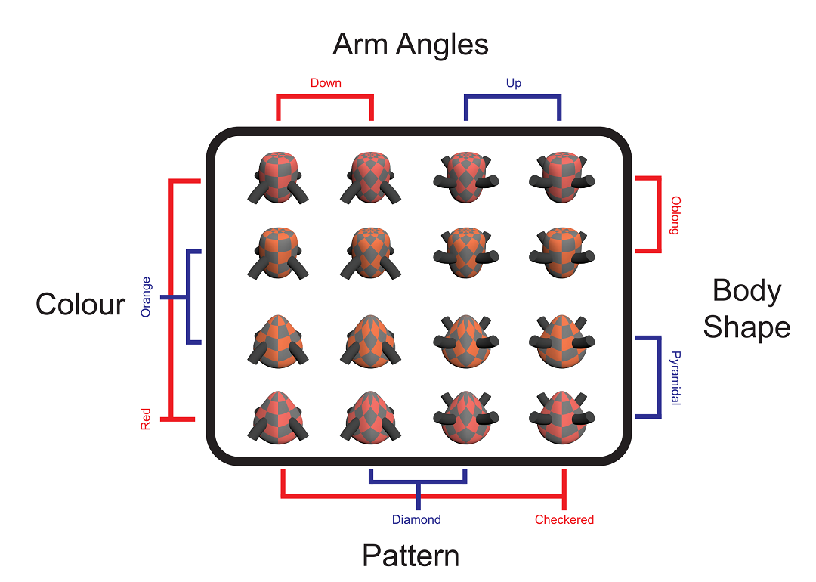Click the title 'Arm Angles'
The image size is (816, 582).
[x=410, y=45]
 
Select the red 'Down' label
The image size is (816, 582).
[x=326, y=82]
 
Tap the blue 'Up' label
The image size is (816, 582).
[x=513, y=82]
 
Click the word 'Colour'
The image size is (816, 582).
[x=80, y=304]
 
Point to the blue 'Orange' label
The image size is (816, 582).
[x=146, y=297]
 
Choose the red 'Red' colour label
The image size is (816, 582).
[x=146, y=419]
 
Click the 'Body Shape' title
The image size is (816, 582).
[x=746, y=309]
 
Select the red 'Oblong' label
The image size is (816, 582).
[x=675, y=215]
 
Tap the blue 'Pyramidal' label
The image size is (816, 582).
[x=675, y=378]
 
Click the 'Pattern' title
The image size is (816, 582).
[x=410, y=556]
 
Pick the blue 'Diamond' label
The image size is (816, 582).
[x=416, y=520]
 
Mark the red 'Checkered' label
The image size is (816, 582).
[x=564, y=520]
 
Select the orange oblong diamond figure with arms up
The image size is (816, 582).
[x=464, y=252]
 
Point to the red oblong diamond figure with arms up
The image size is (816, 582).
[x=464, y=178]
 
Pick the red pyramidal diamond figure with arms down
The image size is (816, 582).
[x=370, y=416]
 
